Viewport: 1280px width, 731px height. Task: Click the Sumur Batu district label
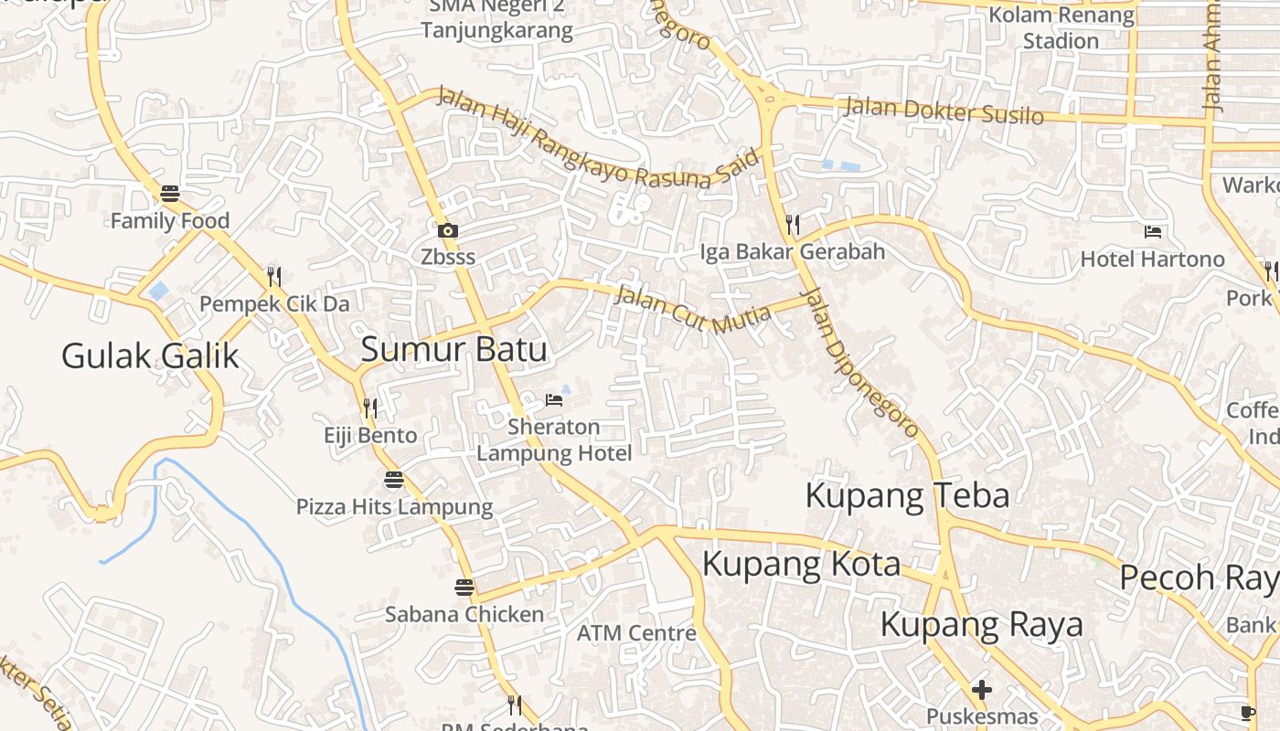point(454,349)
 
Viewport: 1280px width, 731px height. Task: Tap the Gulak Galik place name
point(150,355)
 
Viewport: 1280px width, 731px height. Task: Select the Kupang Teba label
point(907,495)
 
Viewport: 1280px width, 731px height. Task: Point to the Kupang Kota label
point(801,564)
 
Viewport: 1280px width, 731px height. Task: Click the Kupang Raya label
point(981,625)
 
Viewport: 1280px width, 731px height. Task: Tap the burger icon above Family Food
point(169,194)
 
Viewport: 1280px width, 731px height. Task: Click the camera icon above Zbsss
point(447,230)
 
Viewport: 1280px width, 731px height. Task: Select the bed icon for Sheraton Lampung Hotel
point(553,399)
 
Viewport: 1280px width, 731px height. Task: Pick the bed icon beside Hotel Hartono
point(1152,232)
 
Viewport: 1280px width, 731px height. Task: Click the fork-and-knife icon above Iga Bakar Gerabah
point(793,224)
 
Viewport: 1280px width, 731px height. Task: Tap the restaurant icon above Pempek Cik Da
point(273,276)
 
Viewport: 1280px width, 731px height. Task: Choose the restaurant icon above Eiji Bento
point(370,408)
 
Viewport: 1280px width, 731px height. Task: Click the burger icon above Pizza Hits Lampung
point(394,480)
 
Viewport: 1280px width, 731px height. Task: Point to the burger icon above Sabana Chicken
point(464,588)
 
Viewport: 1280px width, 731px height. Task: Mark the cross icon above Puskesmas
point(982,689)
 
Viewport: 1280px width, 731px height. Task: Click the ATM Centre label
point(636,632)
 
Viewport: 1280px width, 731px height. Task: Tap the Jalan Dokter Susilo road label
point(943,110)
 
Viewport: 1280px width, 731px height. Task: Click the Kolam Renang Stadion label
point(1061,27)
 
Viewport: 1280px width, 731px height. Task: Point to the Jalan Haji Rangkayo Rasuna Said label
point(598,138)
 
